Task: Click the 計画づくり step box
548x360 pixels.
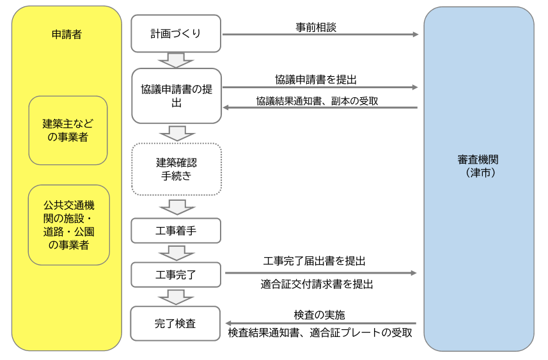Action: (x=176, y=34)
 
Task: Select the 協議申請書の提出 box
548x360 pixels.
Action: (x=176, y=95)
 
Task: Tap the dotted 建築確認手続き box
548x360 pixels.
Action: (x=176, y=169)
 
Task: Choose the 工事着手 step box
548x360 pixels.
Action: (x=176, y=231)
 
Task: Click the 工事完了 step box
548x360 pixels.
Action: (x=176, y=275)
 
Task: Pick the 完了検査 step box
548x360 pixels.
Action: (x=176, y=324)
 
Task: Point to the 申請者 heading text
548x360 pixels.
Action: (x=67, y=35)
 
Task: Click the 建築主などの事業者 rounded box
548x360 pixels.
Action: (x=68, y=130)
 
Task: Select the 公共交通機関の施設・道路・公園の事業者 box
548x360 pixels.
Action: (x=68, y=225)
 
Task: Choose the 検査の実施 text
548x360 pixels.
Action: (x=320, y=315)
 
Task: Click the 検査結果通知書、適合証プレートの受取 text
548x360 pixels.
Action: (x=320, y=333)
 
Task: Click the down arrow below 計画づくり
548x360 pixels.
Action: (x=176, y=60)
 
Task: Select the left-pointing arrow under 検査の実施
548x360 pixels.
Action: (x=320, y=324)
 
